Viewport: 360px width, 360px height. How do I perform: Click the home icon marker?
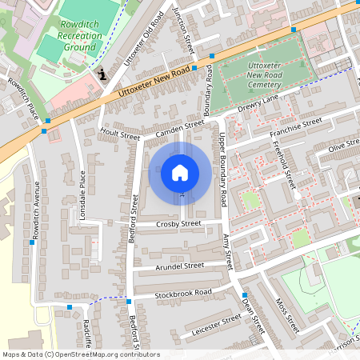tap(180, 173)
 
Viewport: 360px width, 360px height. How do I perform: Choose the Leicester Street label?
tap(211, 324)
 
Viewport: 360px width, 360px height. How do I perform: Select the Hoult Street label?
tap(119, 135)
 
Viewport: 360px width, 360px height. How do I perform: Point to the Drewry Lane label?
tap(258, 103)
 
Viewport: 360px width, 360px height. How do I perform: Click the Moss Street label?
tap(286, 315)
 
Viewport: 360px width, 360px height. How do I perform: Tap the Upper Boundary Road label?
tap(224, 178)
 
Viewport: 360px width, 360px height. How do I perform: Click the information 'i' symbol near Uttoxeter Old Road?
tap(102, 74)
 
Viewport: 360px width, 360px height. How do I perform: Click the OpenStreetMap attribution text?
tap(80, 354)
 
